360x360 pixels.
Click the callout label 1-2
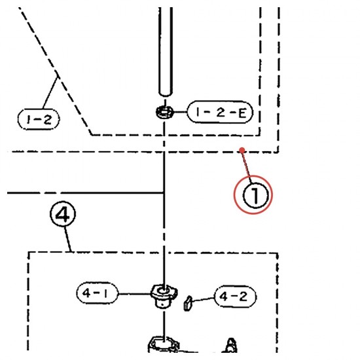coord(39,119)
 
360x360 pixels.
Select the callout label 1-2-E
coord(220,112)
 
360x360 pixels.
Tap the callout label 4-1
coord(98,293)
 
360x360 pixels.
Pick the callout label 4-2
coord(235,297)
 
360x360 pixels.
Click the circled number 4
coord(63,214)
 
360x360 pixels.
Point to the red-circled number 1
coord(253,194)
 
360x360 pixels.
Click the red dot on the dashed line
coord(242,151)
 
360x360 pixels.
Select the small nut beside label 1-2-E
coord(164,112)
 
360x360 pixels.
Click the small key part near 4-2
coord(188,303)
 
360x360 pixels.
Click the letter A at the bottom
coord(230,345)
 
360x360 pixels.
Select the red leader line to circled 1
coord(247,163)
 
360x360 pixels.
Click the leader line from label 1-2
coord(50,92)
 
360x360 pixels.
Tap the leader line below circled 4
coord(67,239)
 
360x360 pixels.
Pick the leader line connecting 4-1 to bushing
coord(135,294)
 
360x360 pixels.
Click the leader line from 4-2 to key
coord(203,299)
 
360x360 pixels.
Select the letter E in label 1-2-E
coord(242,113)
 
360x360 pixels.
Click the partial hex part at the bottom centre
coord(164,344)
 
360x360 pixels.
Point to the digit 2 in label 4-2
coord(242,297)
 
